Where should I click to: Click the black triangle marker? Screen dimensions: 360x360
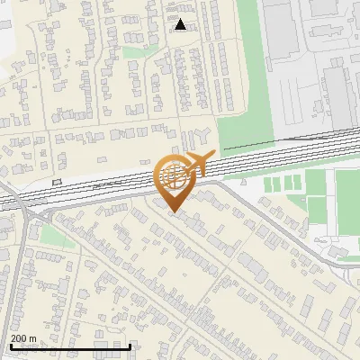pyautogui.click(x=181, y=24)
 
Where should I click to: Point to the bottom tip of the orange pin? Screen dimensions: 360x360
pyautogui.click(x=172, y=212)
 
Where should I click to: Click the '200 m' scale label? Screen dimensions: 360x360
pyautogui.click(x=23, y=338)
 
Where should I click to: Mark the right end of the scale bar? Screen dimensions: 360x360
pyautogui.click(x=130, y=346)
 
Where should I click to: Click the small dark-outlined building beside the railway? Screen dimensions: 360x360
pyautogui.click(x=58, y=181)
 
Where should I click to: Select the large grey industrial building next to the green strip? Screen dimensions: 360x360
pyautogui.click(x=281, y=36)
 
